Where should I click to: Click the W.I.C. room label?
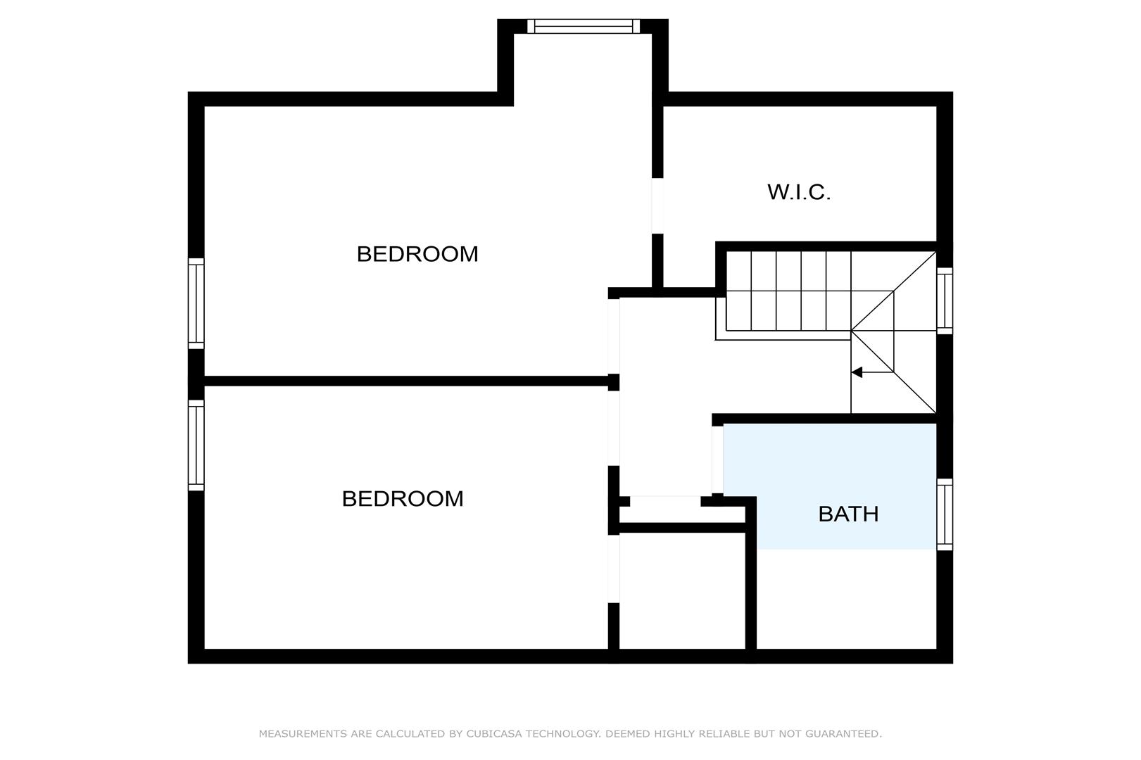point(799,192)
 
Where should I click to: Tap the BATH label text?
point(848,514)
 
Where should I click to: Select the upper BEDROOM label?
point(417,253)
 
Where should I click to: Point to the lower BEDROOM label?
point(403,499)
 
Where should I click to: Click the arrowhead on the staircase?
point(857,372)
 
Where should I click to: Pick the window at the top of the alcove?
point(584,26)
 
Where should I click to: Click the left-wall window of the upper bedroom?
point(196,303)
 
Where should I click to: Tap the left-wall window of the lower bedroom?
point(196,445)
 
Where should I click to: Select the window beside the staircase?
point(945,301)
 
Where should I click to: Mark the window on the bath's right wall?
point(945,514)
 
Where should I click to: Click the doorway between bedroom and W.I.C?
point(657,205)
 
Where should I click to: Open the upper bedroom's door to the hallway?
point(614,336)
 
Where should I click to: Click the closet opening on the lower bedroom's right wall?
point(614,569)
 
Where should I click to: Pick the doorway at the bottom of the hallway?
point(665,501)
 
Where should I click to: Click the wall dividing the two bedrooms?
point(406,381)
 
